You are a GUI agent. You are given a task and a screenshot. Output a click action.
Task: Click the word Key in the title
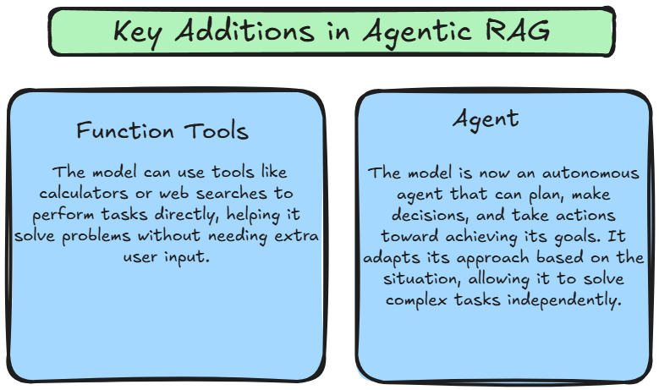tap(137, 32)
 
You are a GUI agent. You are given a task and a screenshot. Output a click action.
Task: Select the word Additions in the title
tap(244, 30)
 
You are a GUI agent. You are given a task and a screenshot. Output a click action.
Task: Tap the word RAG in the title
tap(517, 30)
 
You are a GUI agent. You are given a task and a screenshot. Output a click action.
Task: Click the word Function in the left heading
tap(125, 130)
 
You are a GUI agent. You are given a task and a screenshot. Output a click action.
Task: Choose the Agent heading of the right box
tap(486, 119)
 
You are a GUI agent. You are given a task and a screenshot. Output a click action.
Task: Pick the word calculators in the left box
tap(84, 193)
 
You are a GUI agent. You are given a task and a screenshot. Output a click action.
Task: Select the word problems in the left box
tap(96, 236)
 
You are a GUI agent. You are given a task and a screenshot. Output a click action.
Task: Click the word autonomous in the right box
tap(590, 173)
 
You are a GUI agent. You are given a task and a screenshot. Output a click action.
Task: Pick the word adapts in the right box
tap(392, 258)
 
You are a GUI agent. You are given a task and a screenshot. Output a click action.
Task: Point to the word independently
tap(564, 300)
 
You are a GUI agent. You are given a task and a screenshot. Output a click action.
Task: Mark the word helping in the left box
tap(254, 215)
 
